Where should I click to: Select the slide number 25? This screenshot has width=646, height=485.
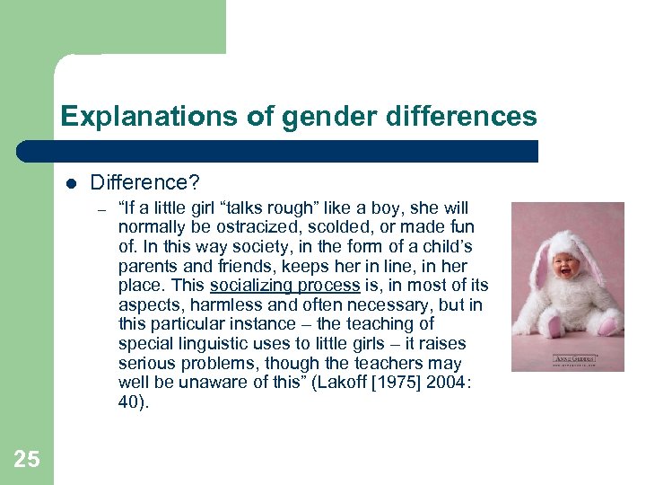[x=27, y=460]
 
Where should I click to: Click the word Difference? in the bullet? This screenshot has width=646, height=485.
[x=144, y=183]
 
